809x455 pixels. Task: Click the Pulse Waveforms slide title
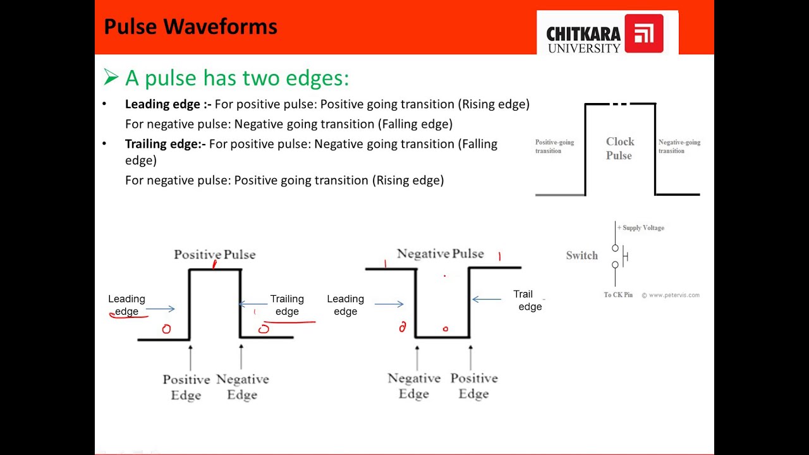(x=190, y=27)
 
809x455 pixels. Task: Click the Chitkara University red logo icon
(x=643, y=33)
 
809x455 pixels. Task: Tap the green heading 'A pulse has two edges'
(x=236, y=78)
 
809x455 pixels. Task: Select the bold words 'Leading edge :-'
(x=168, y=104)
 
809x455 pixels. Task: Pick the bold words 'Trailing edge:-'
(x=166, y=144)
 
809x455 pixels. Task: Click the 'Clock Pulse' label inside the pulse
(x=619, y=149)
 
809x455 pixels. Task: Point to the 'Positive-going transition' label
(x=554, y=147)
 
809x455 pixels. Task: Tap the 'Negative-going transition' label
(x=679, y=147)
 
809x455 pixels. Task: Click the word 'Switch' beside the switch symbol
(x=581, y=256)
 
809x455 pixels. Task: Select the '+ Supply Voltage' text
(x=641, y=227)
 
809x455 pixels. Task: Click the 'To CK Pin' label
(x=617, y=295)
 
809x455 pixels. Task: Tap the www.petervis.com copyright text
(x=671, y=295)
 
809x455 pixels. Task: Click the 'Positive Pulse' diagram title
(x=215, y=255)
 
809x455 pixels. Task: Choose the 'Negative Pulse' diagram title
(x=440, y=254)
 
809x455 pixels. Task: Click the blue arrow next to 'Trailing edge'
(x=252, y=305)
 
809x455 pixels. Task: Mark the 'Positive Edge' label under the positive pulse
(x=186, y=387)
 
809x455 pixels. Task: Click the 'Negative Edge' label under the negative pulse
(x=414, y=386)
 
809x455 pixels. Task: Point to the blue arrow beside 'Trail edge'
(x=487, y=299)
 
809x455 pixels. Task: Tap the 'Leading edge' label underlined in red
(x=126, y=305)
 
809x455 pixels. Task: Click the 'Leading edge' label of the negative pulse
(x=345, y=305)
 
